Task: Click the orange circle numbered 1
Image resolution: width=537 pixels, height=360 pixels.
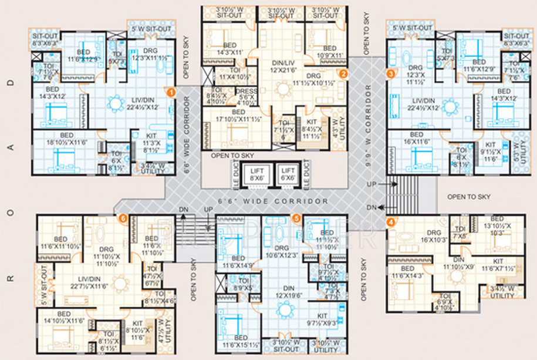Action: coord(171,92)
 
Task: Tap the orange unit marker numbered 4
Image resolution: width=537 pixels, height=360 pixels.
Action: coord(390,222)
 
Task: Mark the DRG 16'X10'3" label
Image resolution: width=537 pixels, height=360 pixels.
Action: coord(433,235)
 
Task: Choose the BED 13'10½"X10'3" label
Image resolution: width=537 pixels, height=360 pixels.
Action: coord(497,226)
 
